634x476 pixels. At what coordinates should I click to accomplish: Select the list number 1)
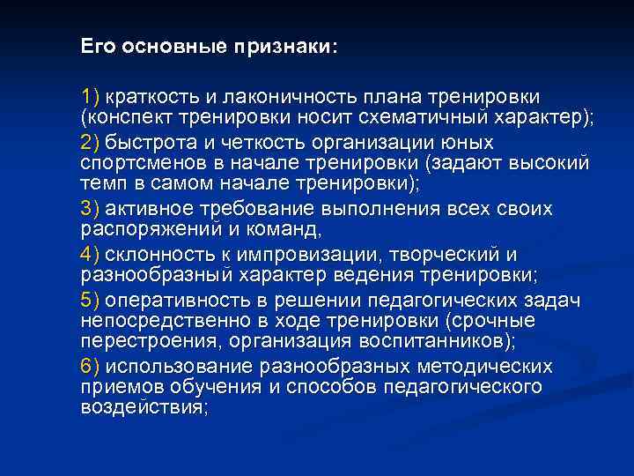[x=91, y=95]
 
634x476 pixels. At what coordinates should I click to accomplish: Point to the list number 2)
[x=91, y=141]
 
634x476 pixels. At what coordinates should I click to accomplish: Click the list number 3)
[x=91, y=209]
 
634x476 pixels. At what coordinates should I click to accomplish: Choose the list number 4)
[x=91, y=255]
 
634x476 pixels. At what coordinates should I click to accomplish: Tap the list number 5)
[x=91, y=301]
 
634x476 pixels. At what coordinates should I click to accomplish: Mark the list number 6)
[x=91, y=366]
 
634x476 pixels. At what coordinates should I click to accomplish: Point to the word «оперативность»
[x=172, y=301]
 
